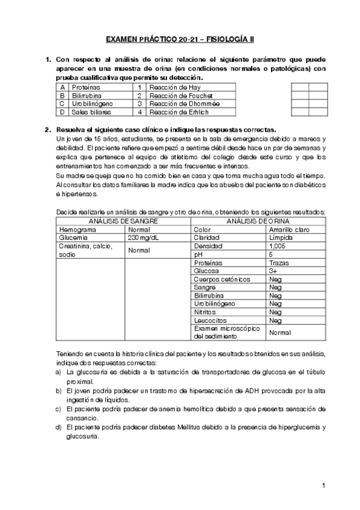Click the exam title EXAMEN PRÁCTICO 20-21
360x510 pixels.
click(x=180, y=40)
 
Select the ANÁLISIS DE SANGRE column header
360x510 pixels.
click(x=123, y=221)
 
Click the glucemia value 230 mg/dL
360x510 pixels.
click(x=142, y=238)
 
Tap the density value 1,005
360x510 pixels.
click(x=278, y=246)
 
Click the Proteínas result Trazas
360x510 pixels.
click(x=279, y=263)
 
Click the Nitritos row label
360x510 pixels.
click(x=205, y=312)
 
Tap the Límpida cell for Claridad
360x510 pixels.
click(x=281, y=238)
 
